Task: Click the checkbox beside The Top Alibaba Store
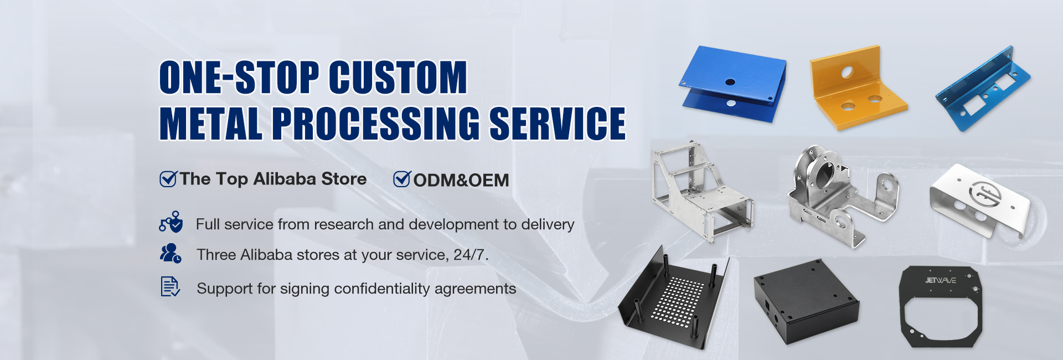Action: coord(168,179)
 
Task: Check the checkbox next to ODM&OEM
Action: coord(402,179)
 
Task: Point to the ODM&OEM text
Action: coord(461,180)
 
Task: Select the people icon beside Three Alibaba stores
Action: coord(170,253)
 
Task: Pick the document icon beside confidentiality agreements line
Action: coord(170,286)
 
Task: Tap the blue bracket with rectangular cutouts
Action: coord(983,89)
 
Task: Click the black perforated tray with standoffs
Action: coord(675,297)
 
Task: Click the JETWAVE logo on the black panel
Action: coord(940,280)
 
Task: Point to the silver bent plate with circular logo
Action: coord(979,199)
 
